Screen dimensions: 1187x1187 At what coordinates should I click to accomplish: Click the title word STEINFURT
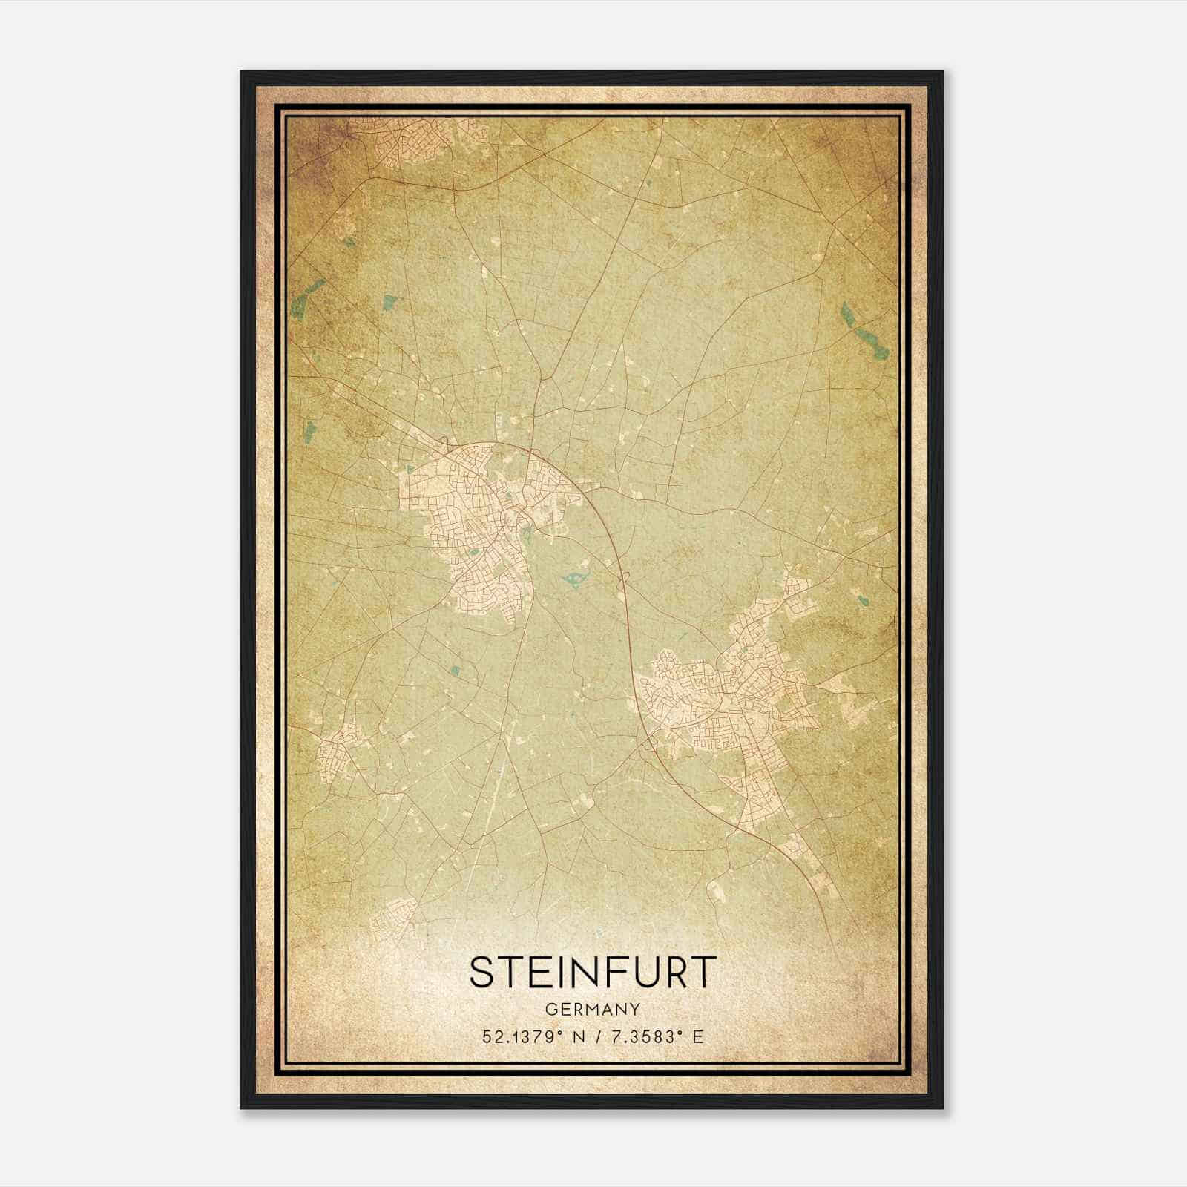tap(593, 972)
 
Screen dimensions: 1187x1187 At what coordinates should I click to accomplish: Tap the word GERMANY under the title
tap(593, 1010)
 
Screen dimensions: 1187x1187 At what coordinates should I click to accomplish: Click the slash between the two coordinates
tap(596, 1036)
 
